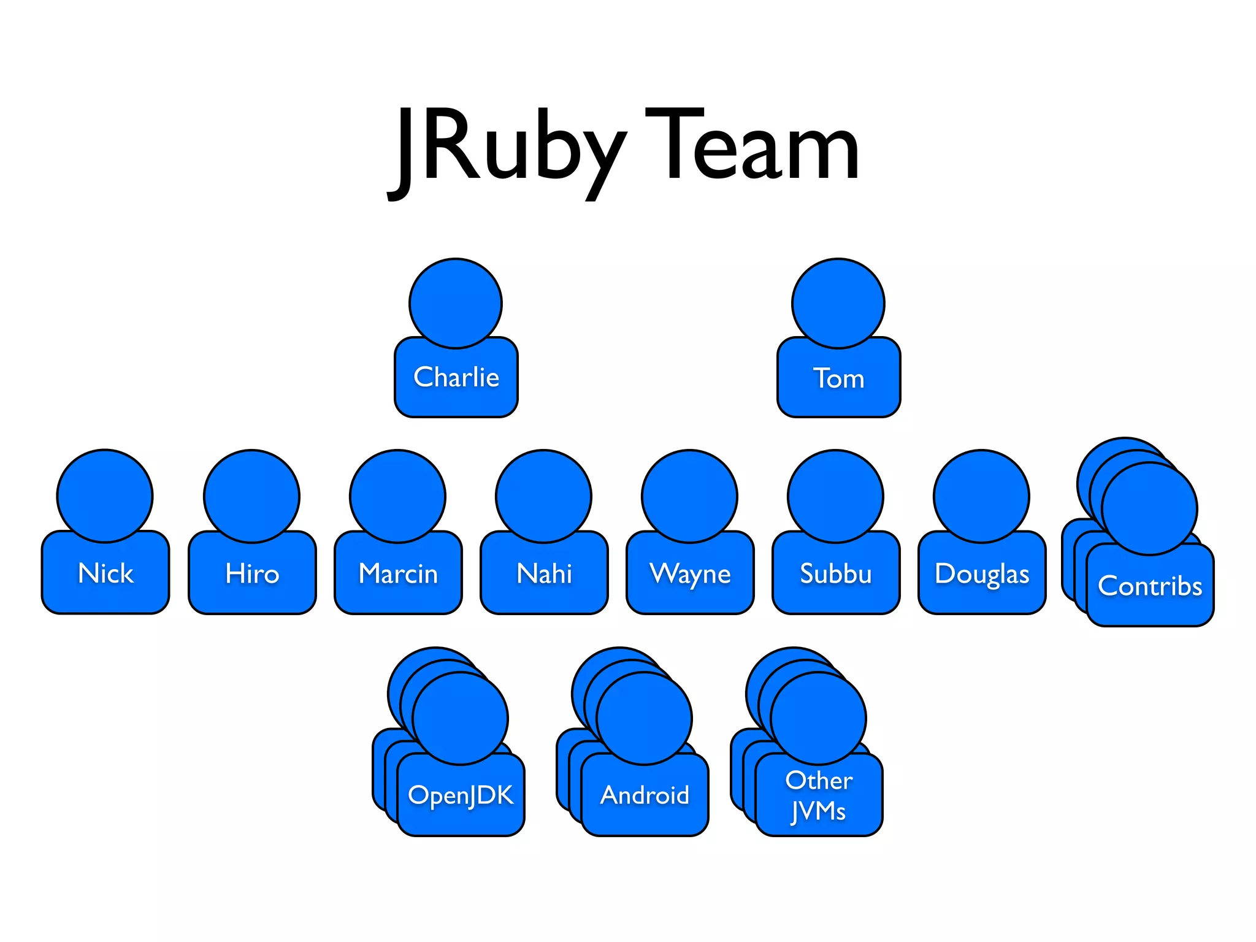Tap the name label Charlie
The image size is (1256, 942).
tap(456, 377)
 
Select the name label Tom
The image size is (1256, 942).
tap(838, 378)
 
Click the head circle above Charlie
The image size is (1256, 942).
tap(456, 303)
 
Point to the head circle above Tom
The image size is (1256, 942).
tap(838, 303)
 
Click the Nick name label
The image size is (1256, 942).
tap(105, 573)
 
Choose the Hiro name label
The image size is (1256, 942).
tap(252, 574)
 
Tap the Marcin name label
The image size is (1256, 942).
tap(398, 574)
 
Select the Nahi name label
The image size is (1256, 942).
tap(544, 574)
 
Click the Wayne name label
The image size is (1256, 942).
tap(690, 574)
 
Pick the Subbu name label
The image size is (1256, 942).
tap(836, 574)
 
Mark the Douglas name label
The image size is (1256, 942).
tap(982, 574)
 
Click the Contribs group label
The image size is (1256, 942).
tap(1150, 586)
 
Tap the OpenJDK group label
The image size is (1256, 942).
tap(461, 795)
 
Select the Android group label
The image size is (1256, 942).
tap(645, 795)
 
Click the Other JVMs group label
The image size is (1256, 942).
tap(819, 795)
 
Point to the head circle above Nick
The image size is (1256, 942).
tap(105, 496)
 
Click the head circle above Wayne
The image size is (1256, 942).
tap(689, 496)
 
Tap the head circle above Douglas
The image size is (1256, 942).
tap(981, 496)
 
